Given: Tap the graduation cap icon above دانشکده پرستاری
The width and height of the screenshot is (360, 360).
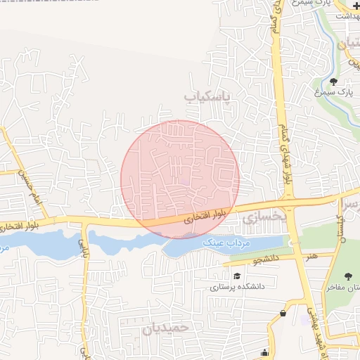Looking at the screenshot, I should tap(237, 276).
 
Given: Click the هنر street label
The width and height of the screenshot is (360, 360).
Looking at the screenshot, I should tap(311, 256).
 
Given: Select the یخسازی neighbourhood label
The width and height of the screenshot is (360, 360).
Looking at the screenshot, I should tap(266, 217).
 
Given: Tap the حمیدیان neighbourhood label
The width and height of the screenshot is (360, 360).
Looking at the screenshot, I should tap(167, 328).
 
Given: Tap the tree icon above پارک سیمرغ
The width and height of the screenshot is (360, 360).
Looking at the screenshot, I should tap(333, 82).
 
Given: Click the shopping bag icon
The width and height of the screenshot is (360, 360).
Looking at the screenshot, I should tap(283, 313).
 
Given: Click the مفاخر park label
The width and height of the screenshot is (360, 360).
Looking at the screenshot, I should tap(342, 287).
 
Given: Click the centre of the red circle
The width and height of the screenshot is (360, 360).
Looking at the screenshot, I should tap(180, 179).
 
